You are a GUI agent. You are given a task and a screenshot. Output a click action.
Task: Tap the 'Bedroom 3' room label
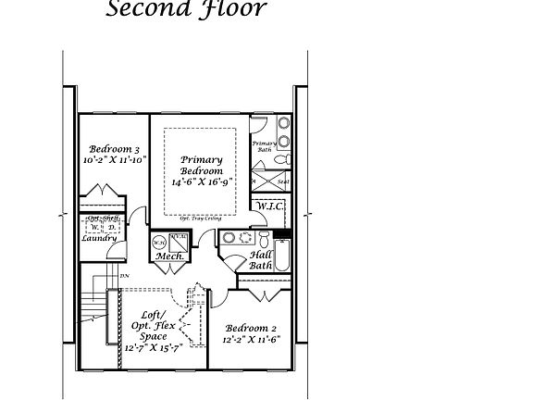[114, 149]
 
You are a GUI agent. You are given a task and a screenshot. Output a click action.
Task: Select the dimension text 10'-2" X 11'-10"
[114, 160]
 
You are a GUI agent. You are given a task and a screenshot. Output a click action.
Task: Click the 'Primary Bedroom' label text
[201, 166]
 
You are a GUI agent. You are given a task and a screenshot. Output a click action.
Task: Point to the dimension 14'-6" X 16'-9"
[201, 182]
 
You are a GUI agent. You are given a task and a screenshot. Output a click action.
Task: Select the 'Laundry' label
[98, 239]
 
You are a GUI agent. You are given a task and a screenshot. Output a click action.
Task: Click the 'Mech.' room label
[168, 256]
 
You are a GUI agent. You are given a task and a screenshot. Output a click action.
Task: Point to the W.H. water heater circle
[158, 242]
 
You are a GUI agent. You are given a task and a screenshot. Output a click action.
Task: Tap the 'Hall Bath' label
[261, 259]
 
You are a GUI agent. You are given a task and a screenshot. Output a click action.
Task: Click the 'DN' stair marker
[123, 276]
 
